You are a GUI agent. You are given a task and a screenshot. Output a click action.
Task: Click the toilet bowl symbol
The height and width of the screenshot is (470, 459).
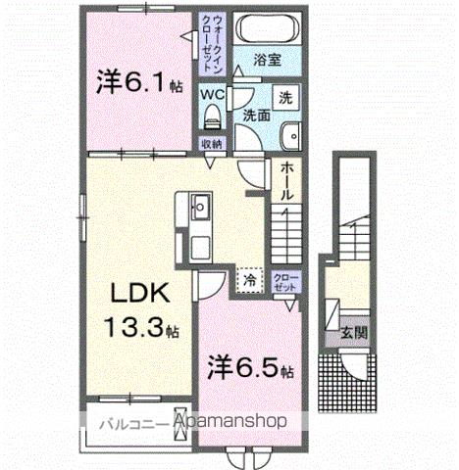click(209, 117)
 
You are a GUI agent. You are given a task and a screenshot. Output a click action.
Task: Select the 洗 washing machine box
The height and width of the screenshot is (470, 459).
click(284, 98)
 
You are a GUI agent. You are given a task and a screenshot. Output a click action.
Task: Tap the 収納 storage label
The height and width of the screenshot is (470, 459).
click(213, 143)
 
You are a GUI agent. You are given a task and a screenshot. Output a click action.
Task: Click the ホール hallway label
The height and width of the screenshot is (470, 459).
click(285, 182)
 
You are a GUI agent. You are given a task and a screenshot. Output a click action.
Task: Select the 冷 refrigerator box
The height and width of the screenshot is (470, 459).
click(250, 279)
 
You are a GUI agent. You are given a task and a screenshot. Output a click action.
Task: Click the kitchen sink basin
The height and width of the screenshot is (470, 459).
click(199, 208)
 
